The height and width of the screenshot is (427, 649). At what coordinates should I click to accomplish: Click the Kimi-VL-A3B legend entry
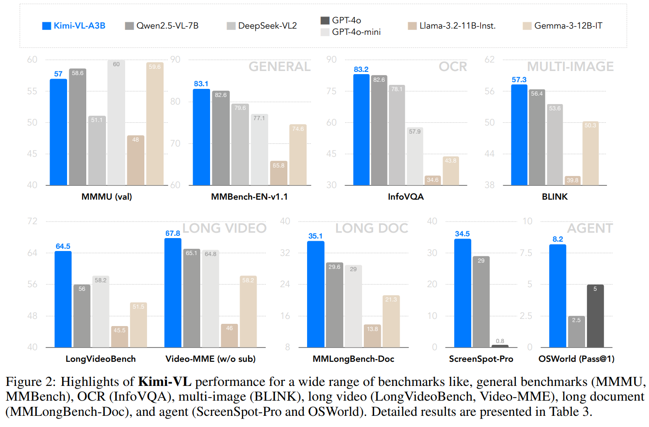pyautogui.click(x=74, y=26)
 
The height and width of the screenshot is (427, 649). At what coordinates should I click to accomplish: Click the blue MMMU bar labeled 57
pyautogui.click(x=59, y=132)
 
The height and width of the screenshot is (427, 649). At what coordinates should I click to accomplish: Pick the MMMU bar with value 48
pyautogui.click(x=135, y=160)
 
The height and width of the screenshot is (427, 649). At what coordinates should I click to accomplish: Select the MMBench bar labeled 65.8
pyautogui.click(x=278, y=173)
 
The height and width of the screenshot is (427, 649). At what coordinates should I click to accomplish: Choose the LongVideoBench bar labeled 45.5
pyautogui.click(x=119, y=337)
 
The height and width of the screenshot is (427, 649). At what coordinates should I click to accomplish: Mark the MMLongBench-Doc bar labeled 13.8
pyautogui.click(x=372, y=336)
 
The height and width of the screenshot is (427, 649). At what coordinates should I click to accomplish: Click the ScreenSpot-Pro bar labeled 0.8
pyautogui.click(x=500, y=346)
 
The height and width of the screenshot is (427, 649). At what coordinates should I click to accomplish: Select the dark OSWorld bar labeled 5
pyautogui.click(x=595, y=316)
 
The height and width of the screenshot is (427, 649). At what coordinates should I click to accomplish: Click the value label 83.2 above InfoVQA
pyautogui.click(x=361, y=69)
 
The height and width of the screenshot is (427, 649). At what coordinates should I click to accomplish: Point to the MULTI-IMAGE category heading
pyautogui.click(x=570, y=67)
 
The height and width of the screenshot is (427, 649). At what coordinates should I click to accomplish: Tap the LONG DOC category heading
pyautogui.click(x=371, y=228)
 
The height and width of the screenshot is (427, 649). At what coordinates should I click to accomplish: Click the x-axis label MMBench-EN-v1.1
pyautogui.click(x=249, y=197)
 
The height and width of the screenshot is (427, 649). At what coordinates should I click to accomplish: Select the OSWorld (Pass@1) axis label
pyautogui.click(x=576, y=359)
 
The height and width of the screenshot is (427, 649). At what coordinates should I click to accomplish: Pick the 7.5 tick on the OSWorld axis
pyautogui.click(x=526, y=253)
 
